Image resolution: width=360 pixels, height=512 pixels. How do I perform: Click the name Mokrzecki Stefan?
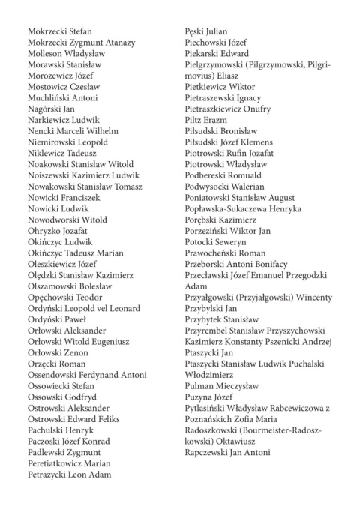[x=59, y=31]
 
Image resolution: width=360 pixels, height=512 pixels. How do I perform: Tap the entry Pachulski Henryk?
[x=61, y=430]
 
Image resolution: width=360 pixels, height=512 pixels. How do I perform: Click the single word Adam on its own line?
[x=196, y=286]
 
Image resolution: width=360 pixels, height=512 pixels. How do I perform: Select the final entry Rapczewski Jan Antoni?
[x=228, y=452]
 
